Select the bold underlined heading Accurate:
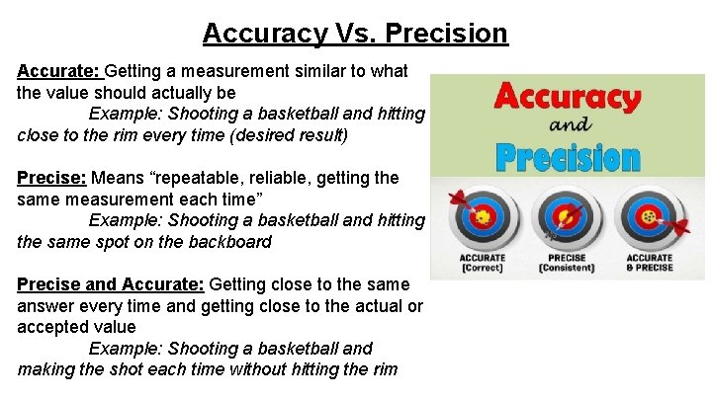pos(58,71)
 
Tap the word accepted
pos(53,327)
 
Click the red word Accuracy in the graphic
pos(568,99)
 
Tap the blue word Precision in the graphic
pos(567,156)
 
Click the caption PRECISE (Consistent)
pos(566,263)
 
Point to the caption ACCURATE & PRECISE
pos(649,263)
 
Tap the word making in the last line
pos(45,369)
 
